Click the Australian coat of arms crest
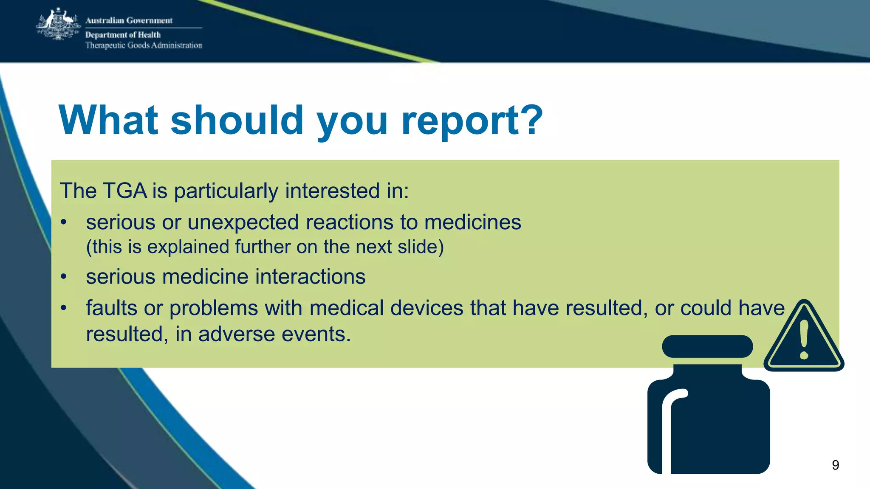tap(59, 25)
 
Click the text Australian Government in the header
tap(129, 20)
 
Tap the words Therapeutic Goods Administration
tap(144, 45)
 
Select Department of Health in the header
tap(123, 35)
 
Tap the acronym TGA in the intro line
tap(125, 191)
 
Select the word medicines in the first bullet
tap(472, 222)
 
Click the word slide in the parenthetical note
tap(418, 247)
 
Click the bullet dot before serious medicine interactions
tap(64, 277)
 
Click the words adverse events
tap(274, 334)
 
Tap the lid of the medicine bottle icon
tap(707, 346)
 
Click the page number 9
tap(835, 465)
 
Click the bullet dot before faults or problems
tap(64, 308)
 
